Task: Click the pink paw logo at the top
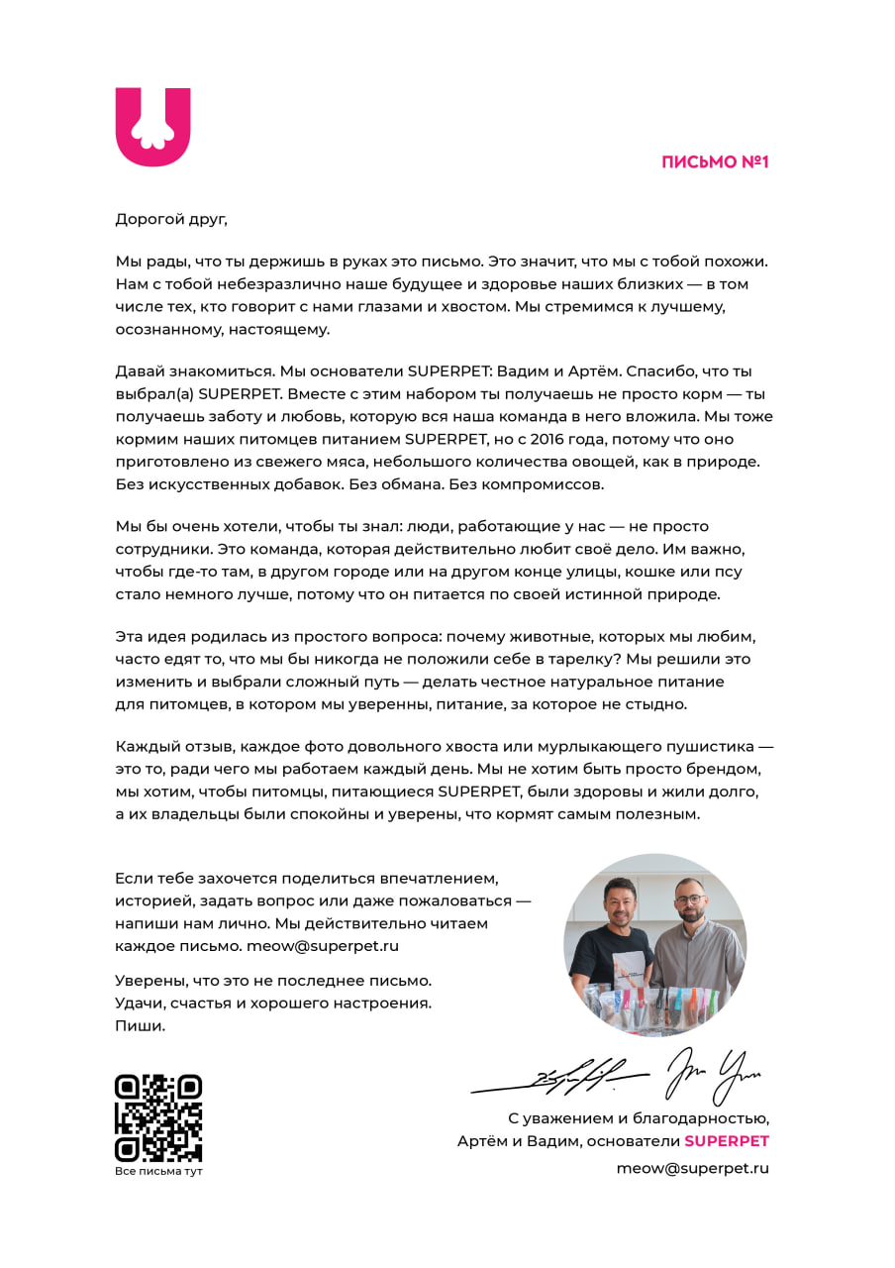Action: pos(152,126)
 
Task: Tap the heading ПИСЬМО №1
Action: pos(715,161)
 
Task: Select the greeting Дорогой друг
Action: pos(171,219)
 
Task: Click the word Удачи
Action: pos(140,1003)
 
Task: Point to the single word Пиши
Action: pos(140,1025)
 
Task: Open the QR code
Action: pos(158,1117)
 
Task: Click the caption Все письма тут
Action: pos(158,1171)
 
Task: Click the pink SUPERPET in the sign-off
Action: pos(726,1141)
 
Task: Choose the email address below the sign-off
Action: pos(692,1168)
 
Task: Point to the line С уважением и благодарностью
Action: pos(638,1118)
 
